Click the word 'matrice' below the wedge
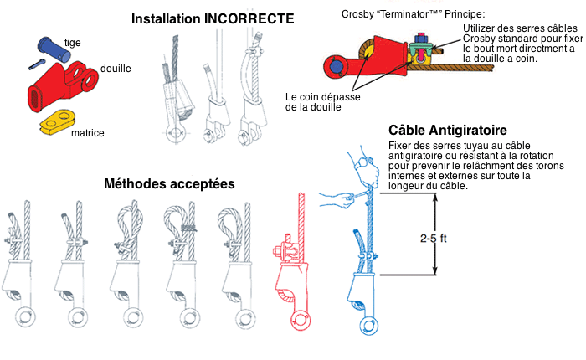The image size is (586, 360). click(x=87, y=132)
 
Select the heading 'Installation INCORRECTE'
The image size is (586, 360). click(x=213, y=18)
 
